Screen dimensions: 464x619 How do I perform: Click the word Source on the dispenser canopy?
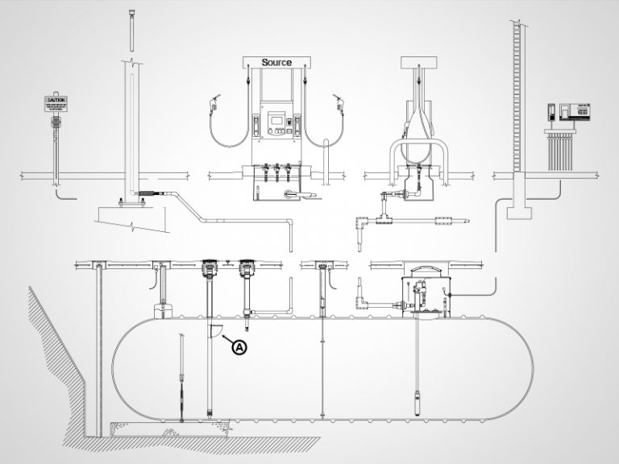[x=276, y=62]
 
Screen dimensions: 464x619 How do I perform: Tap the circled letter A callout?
[x=239, y=347]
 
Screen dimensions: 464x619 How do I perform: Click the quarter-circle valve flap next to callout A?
[x=214, y=330]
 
